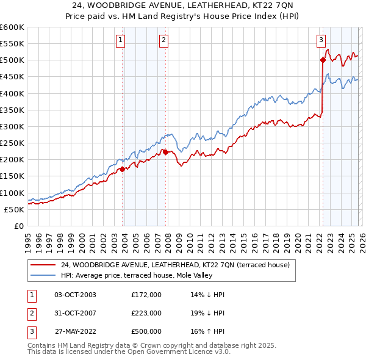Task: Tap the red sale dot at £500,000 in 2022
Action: (323, 60)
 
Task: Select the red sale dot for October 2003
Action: (122, 169)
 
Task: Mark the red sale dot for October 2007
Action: (165, 152)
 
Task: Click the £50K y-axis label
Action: (15, 209)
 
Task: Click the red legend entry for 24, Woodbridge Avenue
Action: (177, 265)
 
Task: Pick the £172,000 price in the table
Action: (146, 295)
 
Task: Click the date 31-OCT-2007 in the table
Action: (75, 313)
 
